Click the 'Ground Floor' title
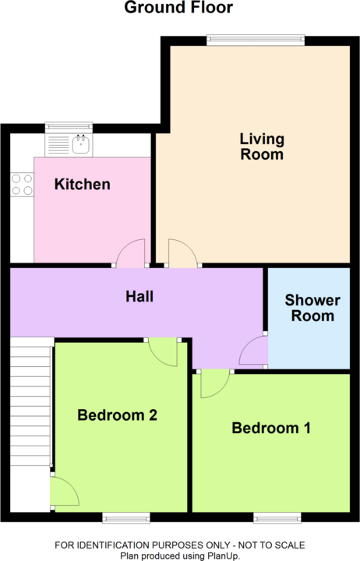[179, 9]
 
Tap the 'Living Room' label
[261, 146]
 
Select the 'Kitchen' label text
[82, 185]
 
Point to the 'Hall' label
[139, 296]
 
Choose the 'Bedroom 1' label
[271, 428]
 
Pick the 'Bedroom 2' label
[117, 415]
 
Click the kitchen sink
[79, 143]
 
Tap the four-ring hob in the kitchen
[22, 184]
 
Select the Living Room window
[255, 40]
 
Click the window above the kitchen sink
[69, 127]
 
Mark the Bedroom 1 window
[277, 517]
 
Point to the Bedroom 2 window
[126, 517]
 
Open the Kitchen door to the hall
[131, 253]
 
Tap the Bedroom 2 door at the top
[163, 351]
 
